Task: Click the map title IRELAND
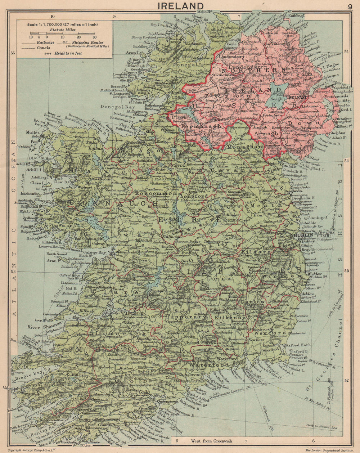(180, 6)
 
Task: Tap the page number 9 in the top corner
(350, 6)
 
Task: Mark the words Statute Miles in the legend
(63, 30)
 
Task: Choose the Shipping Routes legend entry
(87, 42)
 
